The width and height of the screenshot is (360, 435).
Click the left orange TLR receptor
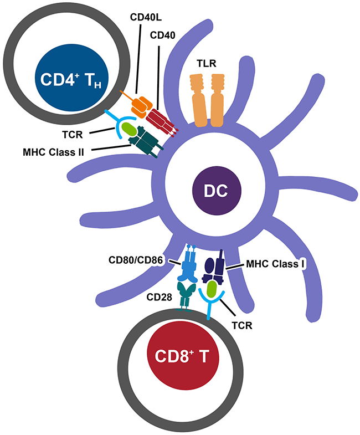click(x=199, y=96)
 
